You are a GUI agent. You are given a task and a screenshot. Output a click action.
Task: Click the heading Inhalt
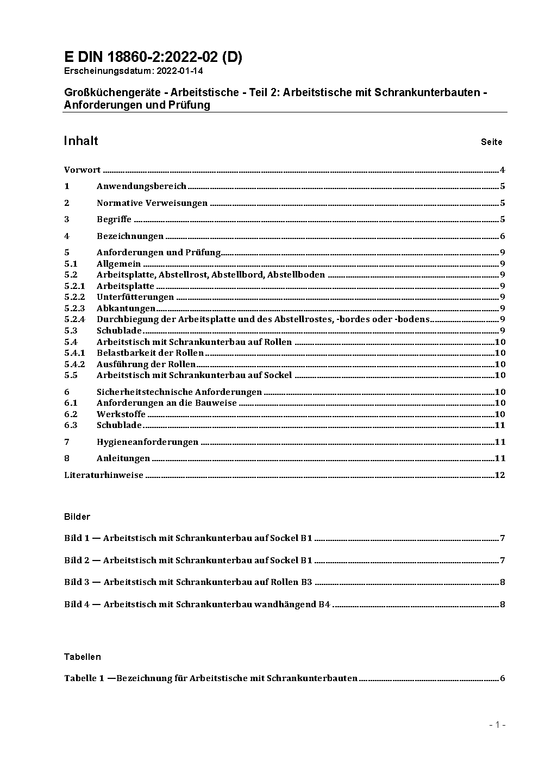[81, 141]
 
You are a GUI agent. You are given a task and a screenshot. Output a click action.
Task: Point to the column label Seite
[491, 142]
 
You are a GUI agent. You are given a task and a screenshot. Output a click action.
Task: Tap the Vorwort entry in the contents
[82, 170]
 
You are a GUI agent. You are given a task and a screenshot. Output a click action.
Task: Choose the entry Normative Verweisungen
[152, 203]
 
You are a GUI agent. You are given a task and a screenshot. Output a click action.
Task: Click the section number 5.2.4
[74, 319]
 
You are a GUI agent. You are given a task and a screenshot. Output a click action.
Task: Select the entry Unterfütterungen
[135, 297]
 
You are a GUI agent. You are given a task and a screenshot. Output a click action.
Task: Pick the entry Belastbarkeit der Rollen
[150, 353]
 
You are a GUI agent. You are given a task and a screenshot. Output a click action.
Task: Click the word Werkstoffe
[121, 414]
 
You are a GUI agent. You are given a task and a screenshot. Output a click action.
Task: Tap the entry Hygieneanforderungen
[147, 442]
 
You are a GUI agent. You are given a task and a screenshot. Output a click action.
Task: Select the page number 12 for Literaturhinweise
[500, 475]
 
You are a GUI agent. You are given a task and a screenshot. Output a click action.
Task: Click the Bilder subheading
[77, 517]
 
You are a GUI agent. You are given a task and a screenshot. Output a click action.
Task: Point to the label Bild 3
[77, 582]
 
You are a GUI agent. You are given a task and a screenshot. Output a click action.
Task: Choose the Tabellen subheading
[83, 657]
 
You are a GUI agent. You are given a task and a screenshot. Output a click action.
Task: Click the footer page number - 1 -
[497, 725]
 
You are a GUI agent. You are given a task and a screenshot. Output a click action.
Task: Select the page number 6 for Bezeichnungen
[503, 236]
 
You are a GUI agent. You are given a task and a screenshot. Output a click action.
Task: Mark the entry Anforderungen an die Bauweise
[167, 403]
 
